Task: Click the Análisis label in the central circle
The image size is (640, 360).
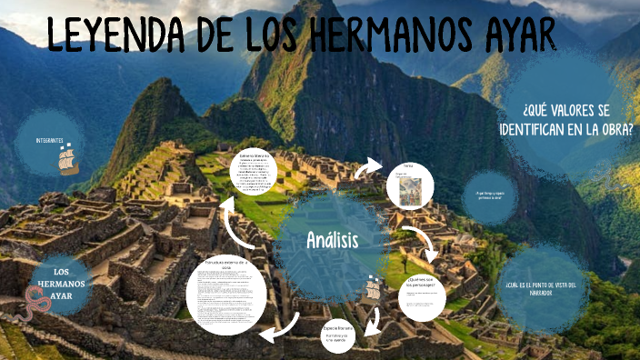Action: click(x=332, y=240)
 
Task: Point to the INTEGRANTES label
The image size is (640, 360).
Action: click(x=49, y=141)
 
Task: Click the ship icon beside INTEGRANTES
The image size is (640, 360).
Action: click(x=69, y=159)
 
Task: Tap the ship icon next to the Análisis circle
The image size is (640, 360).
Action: click(x=373, y=291)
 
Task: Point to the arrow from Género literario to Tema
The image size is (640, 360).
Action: click(x=369, y=167)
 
